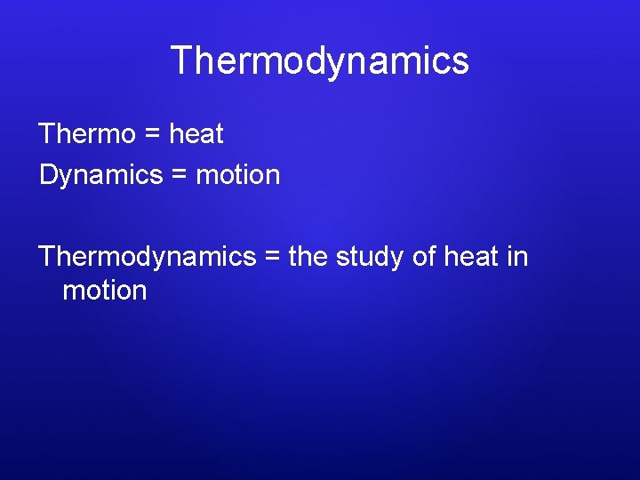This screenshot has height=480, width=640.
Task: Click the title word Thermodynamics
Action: [x=319, y=60]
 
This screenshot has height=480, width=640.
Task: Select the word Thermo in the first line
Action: [x=87, y=134]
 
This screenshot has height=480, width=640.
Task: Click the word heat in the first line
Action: [x=196, y=134]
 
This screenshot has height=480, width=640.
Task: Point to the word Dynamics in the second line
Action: [x=100, y=175]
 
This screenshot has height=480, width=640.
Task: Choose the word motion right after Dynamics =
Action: [x=237, y=175]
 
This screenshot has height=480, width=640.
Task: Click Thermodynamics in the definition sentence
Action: [x=147, y=257]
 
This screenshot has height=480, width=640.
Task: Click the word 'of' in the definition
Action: [x=425, y=257]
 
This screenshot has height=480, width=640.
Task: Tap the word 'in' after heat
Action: [x=517, y=257]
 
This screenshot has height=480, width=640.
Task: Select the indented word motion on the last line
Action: [x=104, y=291]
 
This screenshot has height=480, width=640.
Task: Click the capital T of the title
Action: [x=181, y=60]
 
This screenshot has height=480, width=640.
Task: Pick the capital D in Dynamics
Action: [x=48, y=175]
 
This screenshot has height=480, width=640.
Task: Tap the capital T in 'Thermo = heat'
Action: [x=47, y=134]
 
